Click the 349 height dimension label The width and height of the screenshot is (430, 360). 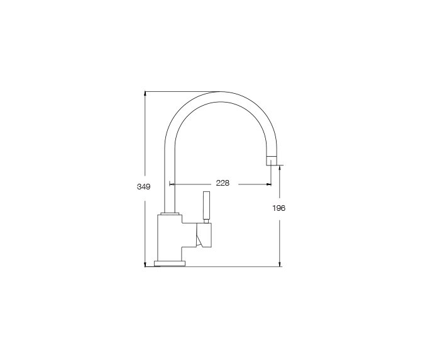point(143,187)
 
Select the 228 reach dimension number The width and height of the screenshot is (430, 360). point(223,184)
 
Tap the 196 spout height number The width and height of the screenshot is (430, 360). point(280,208)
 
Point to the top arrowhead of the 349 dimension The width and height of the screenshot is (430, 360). point(146,93)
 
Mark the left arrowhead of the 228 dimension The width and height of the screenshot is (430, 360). point(172,184)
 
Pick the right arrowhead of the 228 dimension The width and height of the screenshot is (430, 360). point(269,184)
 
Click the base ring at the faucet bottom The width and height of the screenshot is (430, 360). point(170,263)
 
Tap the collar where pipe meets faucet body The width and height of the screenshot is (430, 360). point(168,214)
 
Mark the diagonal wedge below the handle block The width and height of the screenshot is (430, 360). point(201,239)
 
